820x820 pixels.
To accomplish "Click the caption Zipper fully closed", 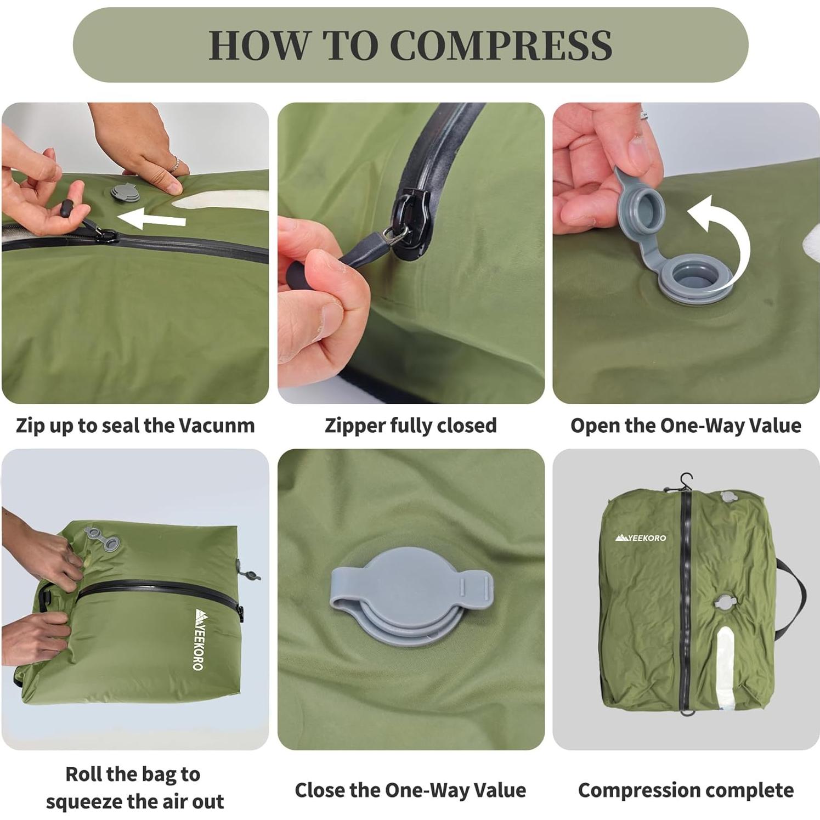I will [410, 426].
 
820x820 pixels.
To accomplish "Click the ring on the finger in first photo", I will [174, 163].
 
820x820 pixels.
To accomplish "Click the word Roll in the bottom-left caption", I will [83, 774].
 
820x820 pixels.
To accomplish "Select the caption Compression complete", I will [686, 790].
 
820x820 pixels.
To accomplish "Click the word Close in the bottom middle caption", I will [320, 790].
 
